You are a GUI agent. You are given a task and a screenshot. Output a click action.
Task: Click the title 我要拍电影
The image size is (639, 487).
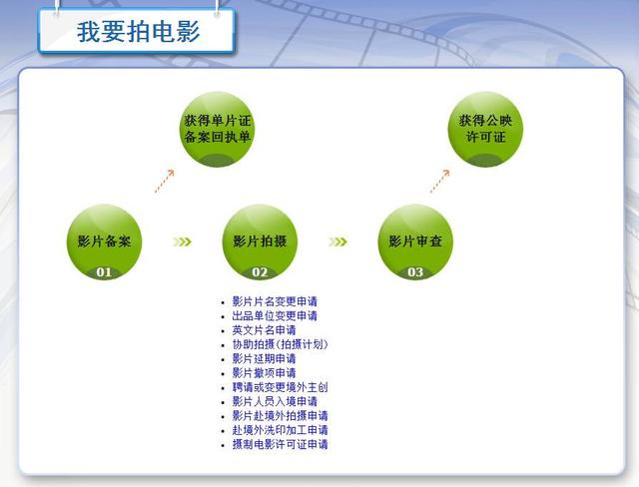138,32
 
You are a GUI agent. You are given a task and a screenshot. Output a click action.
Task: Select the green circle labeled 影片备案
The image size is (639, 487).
104,242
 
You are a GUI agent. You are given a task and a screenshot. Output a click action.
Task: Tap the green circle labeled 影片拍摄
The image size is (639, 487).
260,242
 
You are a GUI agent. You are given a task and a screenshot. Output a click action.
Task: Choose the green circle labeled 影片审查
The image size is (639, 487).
415,242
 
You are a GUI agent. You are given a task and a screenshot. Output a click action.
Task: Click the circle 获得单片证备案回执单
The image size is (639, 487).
218,129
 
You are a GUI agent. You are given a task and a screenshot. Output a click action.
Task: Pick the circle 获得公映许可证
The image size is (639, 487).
485,129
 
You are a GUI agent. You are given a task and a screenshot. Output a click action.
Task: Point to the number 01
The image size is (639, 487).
104,272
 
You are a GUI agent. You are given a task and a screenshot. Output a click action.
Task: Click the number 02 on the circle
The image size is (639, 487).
260,272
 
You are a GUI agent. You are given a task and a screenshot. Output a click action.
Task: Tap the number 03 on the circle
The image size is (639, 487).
415,272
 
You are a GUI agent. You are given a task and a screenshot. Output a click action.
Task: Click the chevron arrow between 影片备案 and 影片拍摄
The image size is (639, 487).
182,242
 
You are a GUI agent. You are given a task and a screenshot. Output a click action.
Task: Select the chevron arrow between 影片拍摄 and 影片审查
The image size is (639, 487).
337,242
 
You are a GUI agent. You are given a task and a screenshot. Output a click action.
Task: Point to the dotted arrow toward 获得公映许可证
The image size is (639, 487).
439,182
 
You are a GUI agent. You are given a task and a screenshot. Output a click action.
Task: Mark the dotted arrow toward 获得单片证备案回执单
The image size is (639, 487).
164,182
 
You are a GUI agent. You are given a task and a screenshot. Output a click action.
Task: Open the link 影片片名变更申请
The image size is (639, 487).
275,301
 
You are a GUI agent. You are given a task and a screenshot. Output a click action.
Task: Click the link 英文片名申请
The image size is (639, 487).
264,330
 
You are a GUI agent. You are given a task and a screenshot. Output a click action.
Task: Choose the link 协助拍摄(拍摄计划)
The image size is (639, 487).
280,344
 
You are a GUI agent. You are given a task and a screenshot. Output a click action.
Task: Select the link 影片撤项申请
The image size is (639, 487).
264,373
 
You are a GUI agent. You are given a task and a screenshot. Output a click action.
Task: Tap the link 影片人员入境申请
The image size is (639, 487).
275,401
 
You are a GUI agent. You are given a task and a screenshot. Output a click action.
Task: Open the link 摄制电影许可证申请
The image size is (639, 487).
280,444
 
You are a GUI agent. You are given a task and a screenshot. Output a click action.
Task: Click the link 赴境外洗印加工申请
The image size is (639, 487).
280,430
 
